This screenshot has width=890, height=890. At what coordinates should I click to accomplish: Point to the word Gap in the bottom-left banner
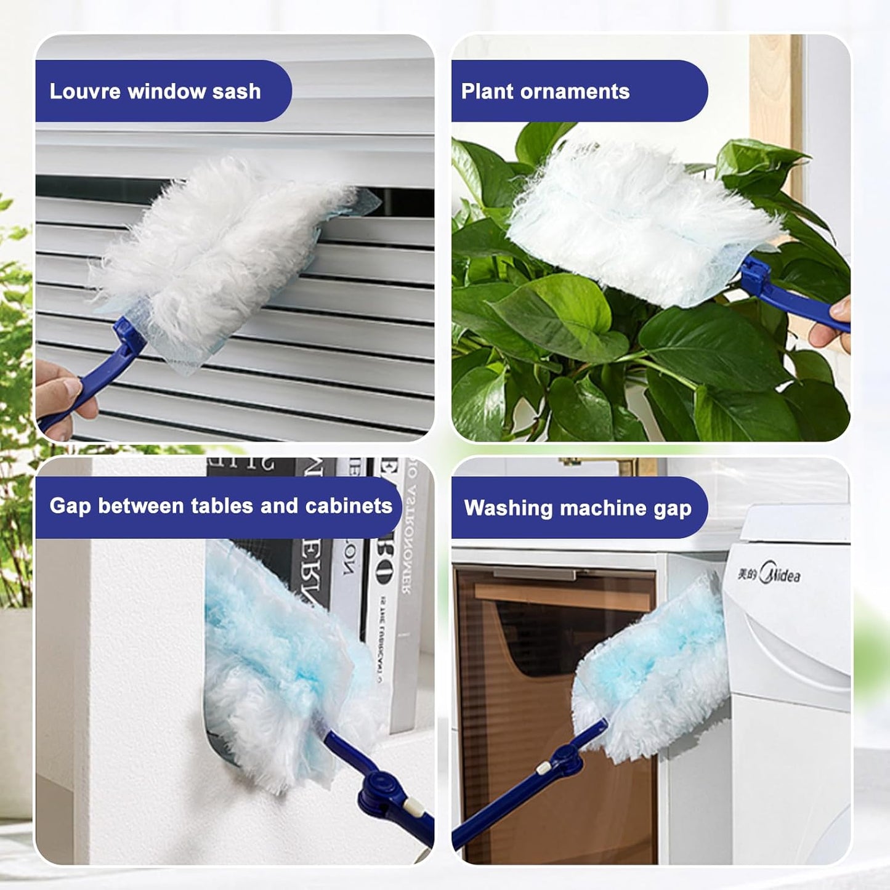70,506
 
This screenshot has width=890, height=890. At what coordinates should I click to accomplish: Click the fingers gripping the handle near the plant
835,323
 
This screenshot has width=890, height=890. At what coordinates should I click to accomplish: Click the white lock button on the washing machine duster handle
543,767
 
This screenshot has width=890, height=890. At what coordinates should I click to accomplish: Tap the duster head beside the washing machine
653,671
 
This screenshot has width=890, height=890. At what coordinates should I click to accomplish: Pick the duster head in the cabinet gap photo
277,665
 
